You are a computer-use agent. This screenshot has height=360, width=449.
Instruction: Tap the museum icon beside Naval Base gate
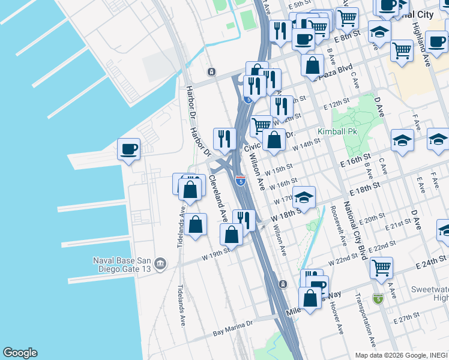tap(160, 263)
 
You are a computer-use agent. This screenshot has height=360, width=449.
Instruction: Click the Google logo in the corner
tap(20, 353)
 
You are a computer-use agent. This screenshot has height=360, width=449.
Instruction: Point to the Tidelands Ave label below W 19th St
tap(181, 305)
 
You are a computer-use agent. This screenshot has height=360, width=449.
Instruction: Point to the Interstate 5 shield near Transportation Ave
tap(377, 298)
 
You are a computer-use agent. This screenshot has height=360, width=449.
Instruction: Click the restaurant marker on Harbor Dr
tap(224, 139)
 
